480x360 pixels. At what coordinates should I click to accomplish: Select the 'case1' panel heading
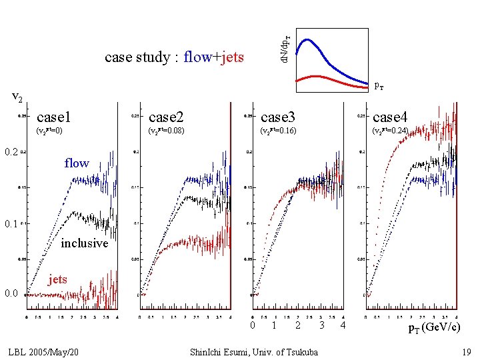(x=54, y=117)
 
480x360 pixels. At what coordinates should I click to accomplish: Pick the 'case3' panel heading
(x=279, y=117)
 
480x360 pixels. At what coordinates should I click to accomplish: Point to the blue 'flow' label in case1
(x=77, y=163)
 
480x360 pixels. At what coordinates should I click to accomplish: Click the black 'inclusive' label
(x=84, y=243)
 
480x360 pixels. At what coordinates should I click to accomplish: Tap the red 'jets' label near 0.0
(x=58, y=279)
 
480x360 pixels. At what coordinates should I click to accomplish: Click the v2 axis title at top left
(x=18, y=98)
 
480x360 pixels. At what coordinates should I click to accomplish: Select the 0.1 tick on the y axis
(x=11, y=225)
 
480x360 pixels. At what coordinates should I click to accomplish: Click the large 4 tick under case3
(x=342, y=325)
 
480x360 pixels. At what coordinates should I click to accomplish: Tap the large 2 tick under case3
(x=298, y=325)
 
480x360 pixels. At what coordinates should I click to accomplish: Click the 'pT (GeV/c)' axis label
(x=433, y=327)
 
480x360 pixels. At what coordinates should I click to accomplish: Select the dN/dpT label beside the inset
(x=284, y=49)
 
